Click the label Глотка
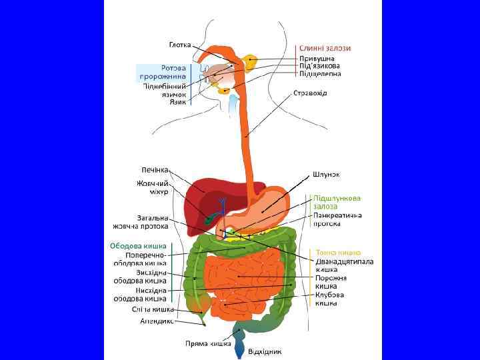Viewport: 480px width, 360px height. tap(180, 45)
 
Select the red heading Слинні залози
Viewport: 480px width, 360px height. tap(325, 48)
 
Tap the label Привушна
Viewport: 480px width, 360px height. tap(317, 58)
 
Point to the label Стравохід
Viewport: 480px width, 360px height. tap(310, 93)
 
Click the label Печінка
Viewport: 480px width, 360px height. tap(155, 169)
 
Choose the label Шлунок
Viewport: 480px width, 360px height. tap(327, 174)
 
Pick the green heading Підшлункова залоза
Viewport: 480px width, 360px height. tap(337, 202)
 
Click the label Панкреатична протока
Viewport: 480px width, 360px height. tap(337, 220)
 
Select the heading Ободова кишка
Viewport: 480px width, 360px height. tap(138, 246)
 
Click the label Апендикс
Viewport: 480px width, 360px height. tap(157, 321)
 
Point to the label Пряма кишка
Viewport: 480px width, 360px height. tap(208, 344)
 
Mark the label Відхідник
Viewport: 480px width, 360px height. tap(265, 351)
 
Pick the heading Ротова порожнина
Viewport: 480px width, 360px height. tap(163, 72)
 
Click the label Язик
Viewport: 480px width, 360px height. tap(177, 102)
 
